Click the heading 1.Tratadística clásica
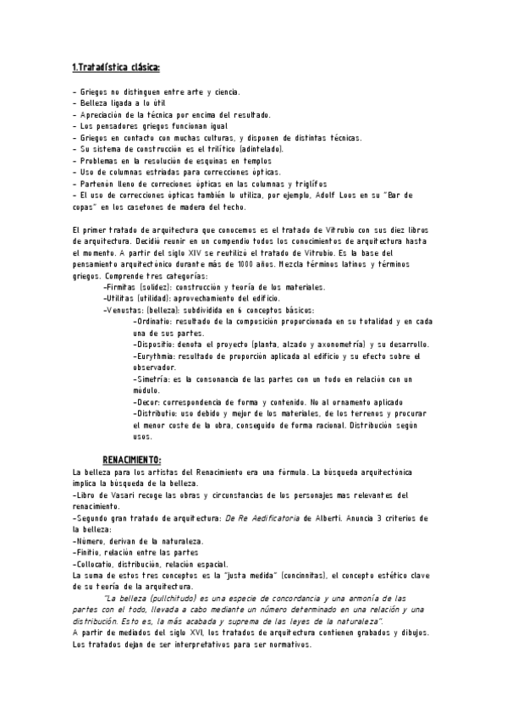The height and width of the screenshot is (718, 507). click(x=116, y=67)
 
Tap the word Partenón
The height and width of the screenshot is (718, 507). click(x=96, y=183)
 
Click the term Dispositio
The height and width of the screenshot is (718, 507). click(x=157, y=345)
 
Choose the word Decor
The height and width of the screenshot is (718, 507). click(x=149, y=402)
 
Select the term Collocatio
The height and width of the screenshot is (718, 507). click(x=95, y=564)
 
